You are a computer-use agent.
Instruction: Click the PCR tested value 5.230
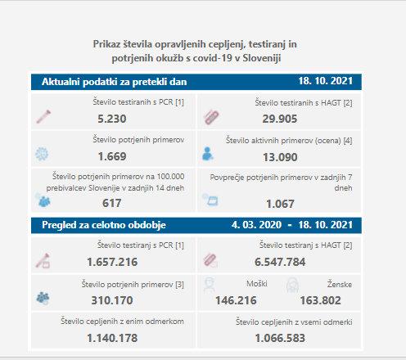(x=112, y=119)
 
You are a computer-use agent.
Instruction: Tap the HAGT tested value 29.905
(x=280, y=119)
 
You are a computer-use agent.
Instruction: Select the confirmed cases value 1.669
(x=112, y=156)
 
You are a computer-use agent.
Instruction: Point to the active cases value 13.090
(x=280, y=157)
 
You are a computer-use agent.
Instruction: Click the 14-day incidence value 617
(x=112, y=203)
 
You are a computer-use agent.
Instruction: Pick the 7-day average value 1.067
(x=280, y=204)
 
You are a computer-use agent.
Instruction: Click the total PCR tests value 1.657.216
(x=112, y=262)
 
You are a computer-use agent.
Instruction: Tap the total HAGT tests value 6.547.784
(x=280, y=262)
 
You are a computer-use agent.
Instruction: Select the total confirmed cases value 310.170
(x=112, y=300)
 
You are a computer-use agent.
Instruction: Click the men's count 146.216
(x=236, y=300)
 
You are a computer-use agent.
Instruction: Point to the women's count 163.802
(x=321, y=300)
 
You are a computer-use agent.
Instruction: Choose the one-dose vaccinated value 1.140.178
(x=112, y=338)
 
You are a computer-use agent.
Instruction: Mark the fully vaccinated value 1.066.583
(x=280, y=338)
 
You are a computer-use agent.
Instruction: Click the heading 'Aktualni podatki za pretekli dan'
(x=115, y=82)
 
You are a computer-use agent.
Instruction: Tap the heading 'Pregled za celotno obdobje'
(x=104, y=225)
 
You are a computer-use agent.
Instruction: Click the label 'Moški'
(x=257, y=284)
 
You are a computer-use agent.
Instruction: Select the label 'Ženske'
(x=340, y=284)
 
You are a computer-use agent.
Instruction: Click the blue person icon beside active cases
(x=207, y=154)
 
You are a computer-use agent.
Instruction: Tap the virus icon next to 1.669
(x=42, y=154)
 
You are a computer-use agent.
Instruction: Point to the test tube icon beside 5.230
(x=43, y=116)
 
